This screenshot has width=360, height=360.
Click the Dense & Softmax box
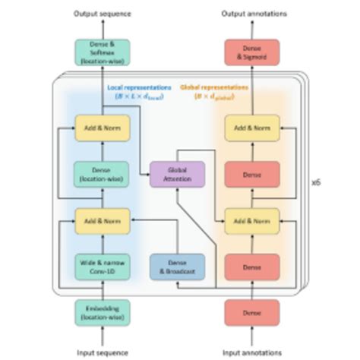click(103, 51)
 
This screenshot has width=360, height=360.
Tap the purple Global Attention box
click(177, 173)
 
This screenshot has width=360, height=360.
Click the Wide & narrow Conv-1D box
click(103, 267)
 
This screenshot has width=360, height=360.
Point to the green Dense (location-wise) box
click(103, 174)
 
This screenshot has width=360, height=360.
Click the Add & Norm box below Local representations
click(103, 128)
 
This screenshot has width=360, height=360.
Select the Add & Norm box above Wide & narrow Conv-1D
click(103, 220)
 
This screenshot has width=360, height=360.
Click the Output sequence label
click(103, 14)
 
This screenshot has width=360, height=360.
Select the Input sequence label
click(103, 352)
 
